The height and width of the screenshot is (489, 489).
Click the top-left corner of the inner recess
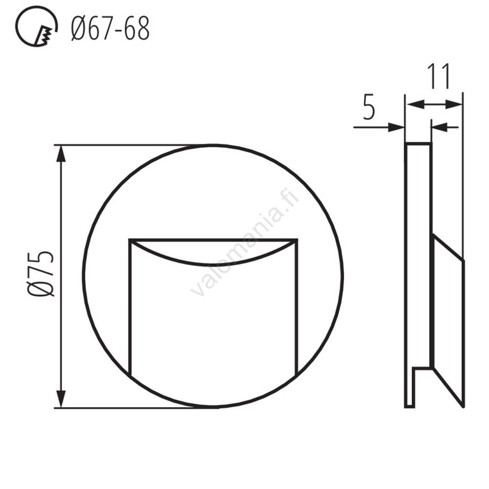(130, 240)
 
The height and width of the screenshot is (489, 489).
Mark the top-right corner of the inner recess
(297, 240)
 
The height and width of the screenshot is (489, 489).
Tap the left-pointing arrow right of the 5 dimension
(439, 128)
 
